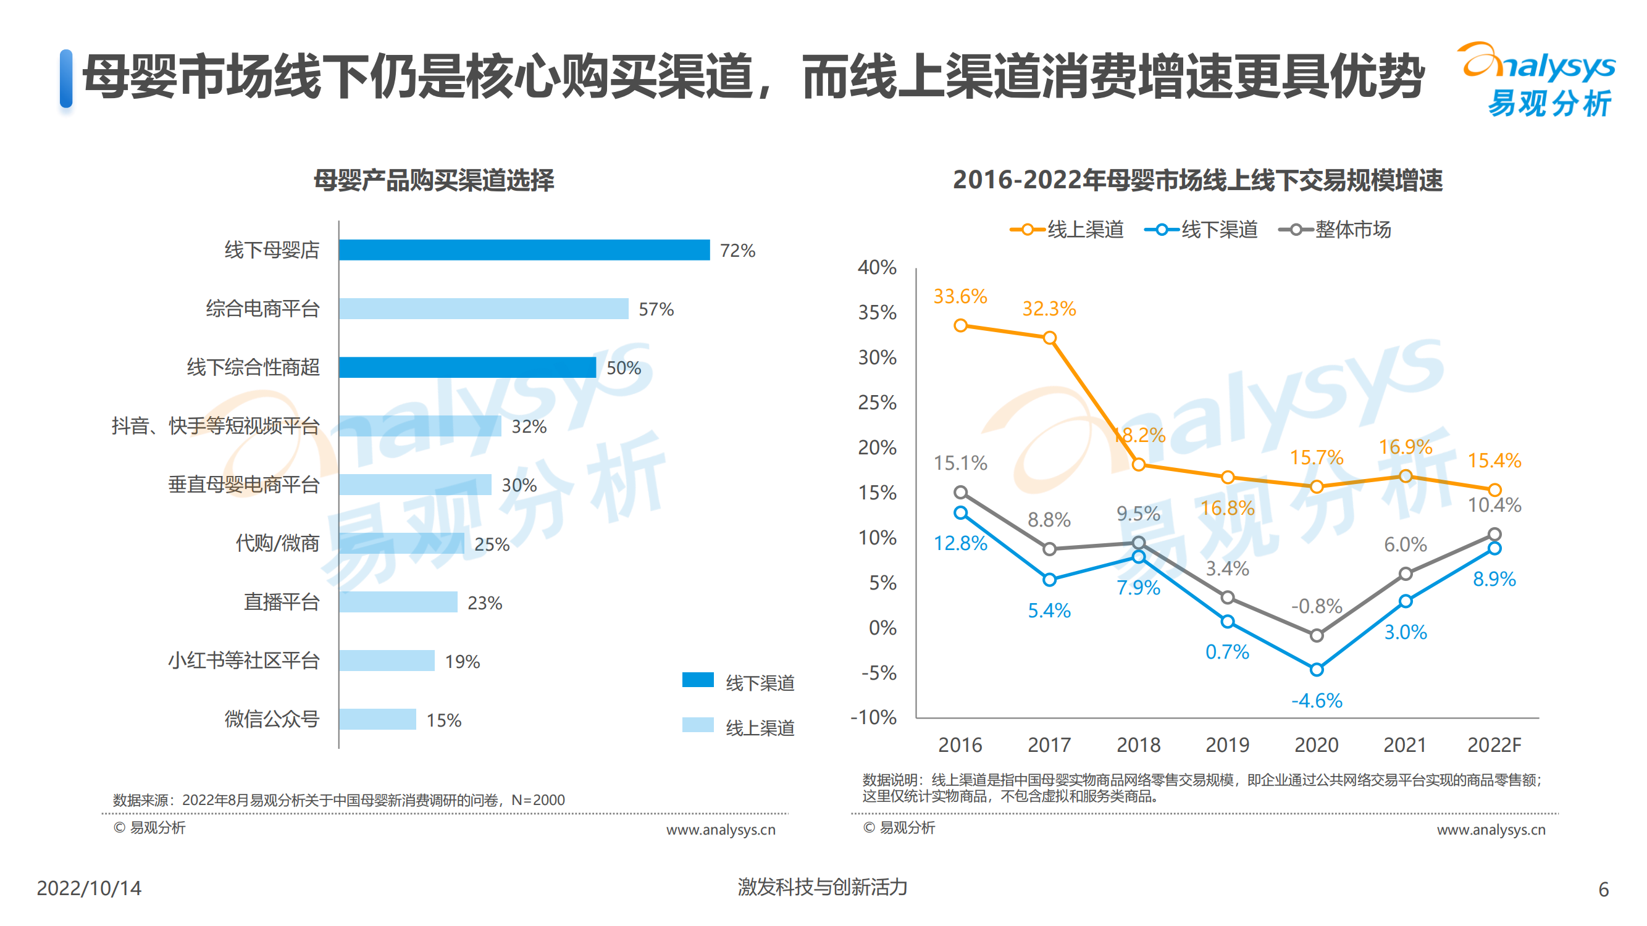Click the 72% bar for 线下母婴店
coord(524,250)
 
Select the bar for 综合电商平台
coord(484,309)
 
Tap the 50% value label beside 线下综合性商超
coord(623,368)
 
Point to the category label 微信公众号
coord(272,720)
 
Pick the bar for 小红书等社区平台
coord(387,661)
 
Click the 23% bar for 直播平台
coord(398,602)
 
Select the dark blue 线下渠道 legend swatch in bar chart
coord(698,680)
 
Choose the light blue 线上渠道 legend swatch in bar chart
coord(698,725)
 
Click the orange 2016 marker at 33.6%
coord(960,326)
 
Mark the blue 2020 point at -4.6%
coord(1317,670)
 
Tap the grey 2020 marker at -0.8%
coord(1317,635)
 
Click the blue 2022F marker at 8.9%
coord(1494,548)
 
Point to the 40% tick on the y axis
coord(877,268)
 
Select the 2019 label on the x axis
coord(1227,745)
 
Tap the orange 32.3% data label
coord(1049,309)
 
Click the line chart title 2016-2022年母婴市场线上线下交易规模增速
coord(1197,180)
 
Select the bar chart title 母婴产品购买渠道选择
coord(434,180)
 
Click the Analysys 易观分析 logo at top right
coord(1538,80)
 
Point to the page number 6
coord(1603,889)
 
